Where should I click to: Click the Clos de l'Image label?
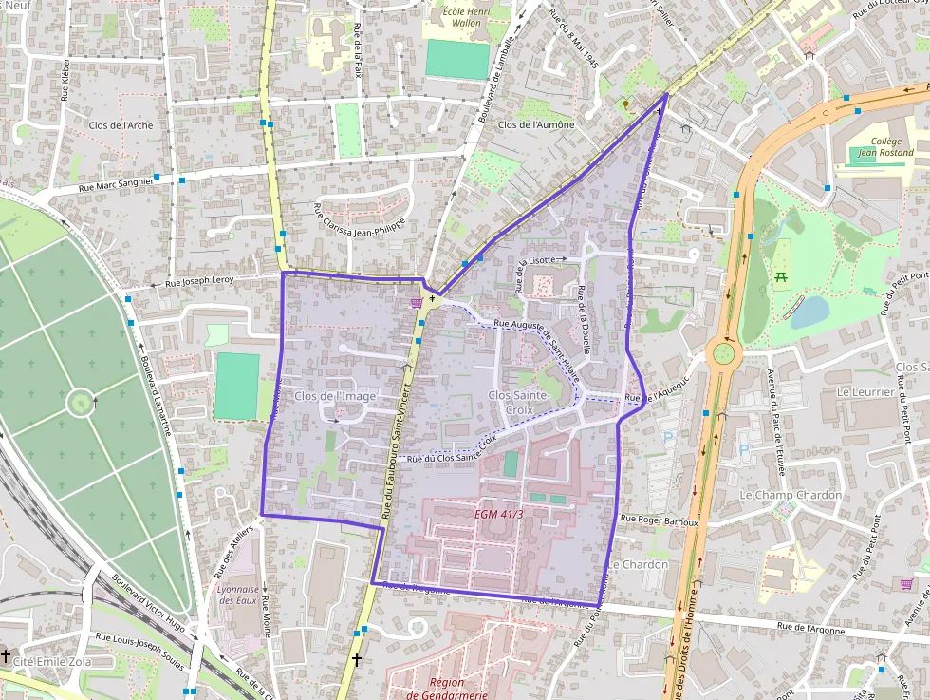tap(335, 396)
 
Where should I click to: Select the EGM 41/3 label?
tap(499, 514)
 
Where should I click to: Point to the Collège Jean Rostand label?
tap(885, 146)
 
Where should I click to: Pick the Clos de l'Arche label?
tap(121, 125)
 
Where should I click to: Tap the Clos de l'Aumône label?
tap(536, 124)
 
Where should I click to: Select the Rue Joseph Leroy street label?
tap(199, 282)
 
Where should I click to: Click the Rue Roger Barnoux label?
tap(659, 520)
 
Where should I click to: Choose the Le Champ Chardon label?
tap(790, 495)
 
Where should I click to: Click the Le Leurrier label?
tap(865, 391)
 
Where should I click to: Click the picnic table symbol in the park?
tap(782, 276)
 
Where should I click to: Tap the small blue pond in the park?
tap(809, 312)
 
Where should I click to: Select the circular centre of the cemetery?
tap(80, 405)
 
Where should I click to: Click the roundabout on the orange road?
tap(723, 355)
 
